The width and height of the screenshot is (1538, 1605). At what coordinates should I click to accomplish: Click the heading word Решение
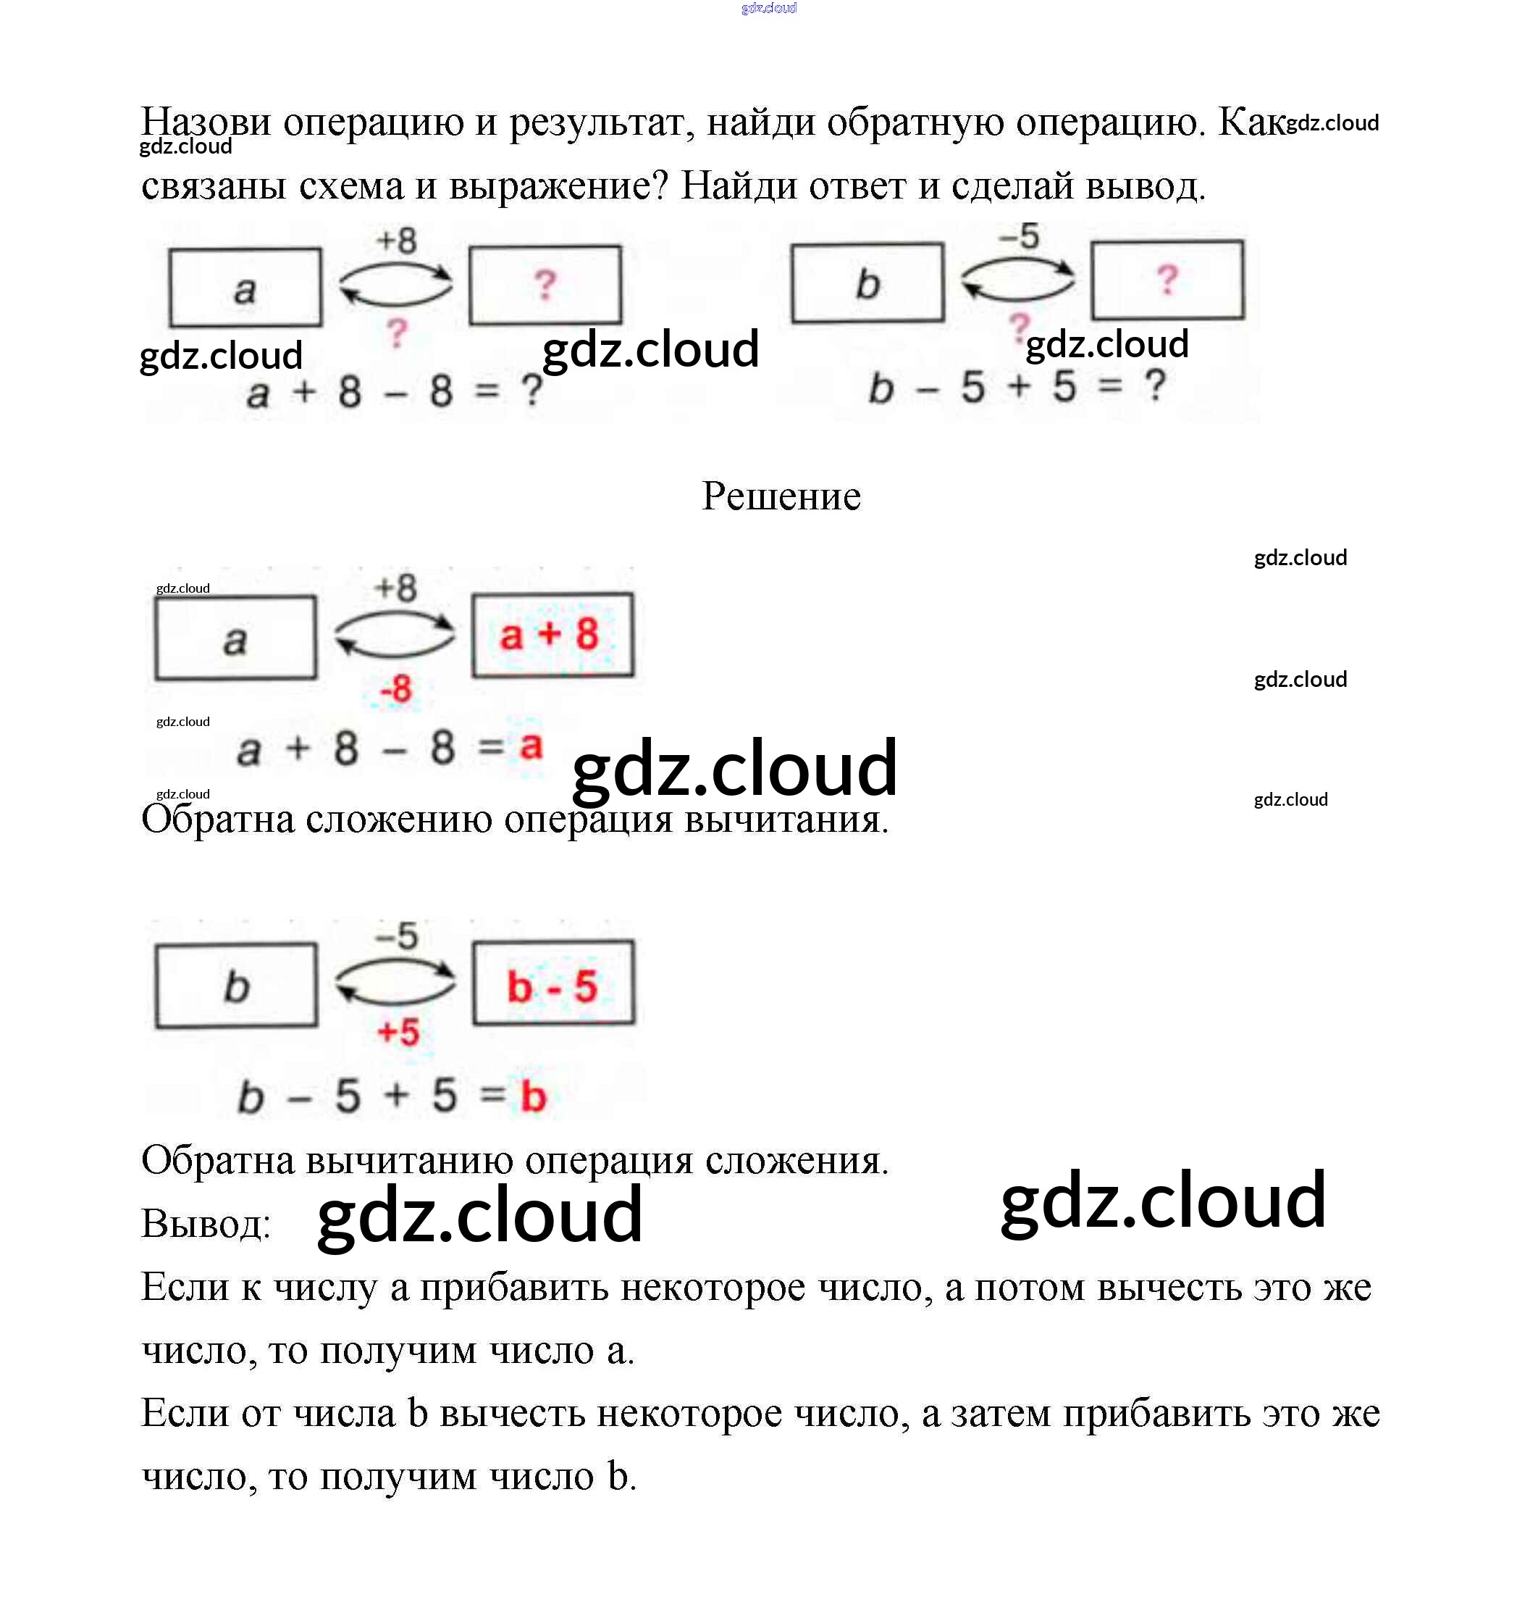[781, 496]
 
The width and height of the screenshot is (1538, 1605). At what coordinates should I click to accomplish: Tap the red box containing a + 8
[552, 635]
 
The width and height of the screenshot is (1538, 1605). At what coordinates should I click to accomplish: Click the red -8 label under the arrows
[396, 688]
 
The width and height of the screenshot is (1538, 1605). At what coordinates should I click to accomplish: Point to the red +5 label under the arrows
[398, 1033]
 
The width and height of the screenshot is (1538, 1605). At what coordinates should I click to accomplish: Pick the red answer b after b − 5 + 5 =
[534, 1096]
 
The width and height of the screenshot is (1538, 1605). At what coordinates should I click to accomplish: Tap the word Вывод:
[206, 1223]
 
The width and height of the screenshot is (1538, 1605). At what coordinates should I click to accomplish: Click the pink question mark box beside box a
[545, 285]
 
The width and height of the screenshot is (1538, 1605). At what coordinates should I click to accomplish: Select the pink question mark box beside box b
[1167, 280]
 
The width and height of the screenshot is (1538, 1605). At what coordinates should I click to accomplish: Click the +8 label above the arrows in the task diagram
[397, 241]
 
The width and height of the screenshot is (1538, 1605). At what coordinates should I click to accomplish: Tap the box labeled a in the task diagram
[245, 288]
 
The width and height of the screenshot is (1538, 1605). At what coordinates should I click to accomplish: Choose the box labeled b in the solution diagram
[237, 986]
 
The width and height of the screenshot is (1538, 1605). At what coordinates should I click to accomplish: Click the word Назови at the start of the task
[206, 122]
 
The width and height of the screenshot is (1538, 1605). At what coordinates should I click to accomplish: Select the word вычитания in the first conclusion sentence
[785, 819]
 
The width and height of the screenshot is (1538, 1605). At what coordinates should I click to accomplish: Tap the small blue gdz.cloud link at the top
[768, 8]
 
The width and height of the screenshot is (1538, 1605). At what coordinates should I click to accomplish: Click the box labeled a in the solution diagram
[236, 638]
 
